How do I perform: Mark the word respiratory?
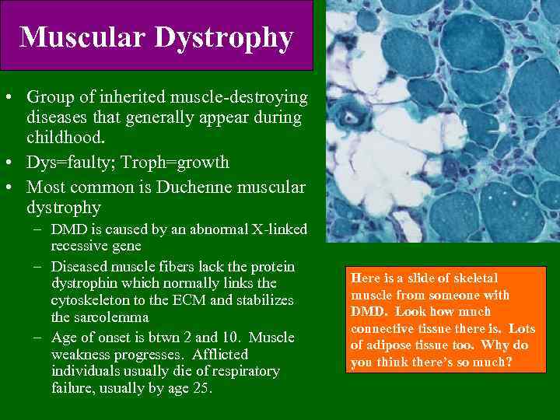click(x=246, y=371)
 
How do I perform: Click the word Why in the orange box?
click(x=498, y=345)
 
